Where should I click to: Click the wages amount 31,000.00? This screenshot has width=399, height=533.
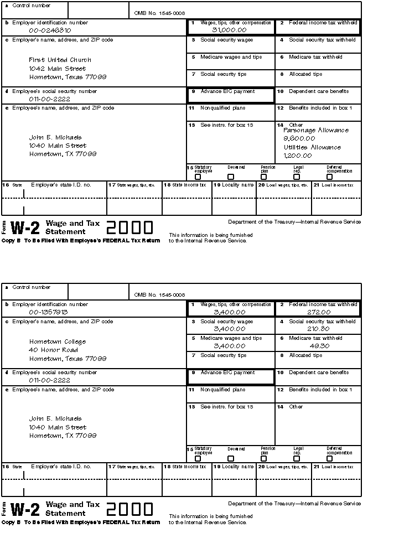[229, 30]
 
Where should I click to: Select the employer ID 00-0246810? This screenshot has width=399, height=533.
[50, 30]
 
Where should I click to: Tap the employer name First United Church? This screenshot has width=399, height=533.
[60, 60]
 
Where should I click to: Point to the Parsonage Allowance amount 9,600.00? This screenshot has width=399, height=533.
[299, 138]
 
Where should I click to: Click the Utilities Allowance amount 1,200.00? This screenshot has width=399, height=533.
[298, 156]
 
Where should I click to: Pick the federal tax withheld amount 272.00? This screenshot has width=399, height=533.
[319, 312]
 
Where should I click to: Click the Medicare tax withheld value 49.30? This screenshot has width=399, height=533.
[319, 346]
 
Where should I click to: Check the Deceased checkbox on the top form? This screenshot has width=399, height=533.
[231, 177]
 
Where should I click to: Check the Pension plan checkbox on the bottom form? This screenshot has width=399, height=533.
[264, 458]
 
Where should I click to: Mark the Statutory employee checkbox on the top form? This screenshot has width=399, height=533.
[198, 177]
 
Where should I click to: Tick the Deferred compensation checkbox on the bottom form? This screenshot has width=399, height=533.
[330, 458]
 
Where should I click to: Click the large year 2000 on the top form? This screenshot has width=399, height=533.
[129, 227]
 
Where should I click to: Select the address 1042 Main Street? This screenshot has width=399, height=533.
[58, 69]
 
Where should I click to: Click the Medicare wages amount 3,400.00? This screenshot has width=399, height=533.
[229, 346]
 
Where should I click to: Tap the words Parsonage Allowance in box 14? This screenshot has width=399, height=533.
[316, 131]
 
